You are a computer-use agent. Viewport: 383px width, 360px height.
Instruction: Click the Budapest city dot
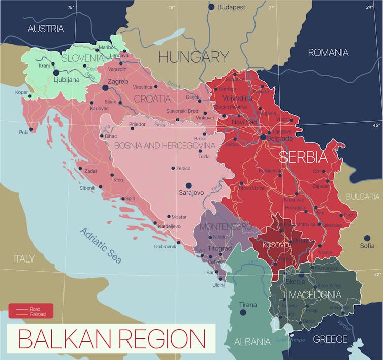pos(211,7)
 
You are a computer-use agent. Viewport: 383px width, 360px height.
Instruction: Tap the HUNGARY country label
pos(194,57)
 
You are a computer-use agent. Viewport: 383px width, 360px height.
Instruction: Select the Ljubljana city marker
pos(56,73)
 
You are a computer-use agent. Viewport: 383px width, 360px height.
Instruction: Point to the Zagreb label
pos(117,81)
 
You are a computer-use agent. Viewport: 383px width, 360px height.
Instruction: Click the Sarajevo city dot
pos(188,186)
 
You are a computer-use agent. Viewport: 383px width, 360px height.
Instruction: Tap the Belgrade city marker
pos(263,137)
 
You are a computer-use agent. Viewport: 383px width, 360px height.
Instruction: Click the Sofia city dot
pos(367,238)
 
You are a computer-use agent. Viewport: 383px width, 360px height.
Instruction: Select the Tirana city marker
pos(243,312)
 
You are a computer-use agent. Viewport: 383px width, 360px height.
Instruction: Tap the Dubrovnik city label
pos(165,246)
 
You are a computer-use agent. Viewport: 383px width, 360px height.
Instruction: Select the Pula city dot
pos(31,129)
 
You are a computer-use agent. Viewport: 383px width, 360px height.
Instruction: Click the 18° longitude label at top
pos(172,7)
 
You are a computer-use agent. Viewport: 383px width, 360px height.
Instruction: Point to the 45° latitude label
pos(376,125)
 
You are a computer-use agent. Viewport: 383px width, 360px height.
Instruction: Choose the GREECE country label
pos(330,339)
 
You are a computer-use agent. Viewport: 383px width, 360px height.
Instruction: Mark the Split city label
pos(130,199)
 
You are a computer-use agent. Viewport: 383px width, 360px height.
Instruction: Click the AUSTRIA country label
pos(46,29)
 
